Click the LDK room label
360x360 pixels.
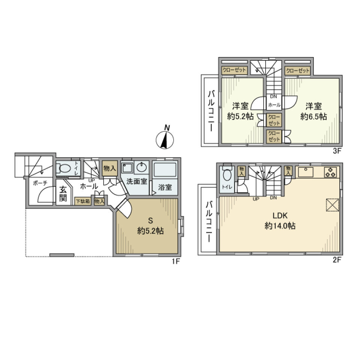click(x=279, y=216)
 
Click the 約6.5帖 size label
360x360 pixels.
click(x=313, y=117)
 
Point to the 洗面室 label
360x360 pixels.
click(x=136, y=181)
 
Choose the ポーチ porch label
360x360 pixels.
click(x=40, y=184)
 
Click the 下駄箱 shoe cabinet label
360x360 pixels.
click(x=83, y=201)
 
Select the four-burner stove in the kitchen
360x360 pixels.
click(x=330, y=172)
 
